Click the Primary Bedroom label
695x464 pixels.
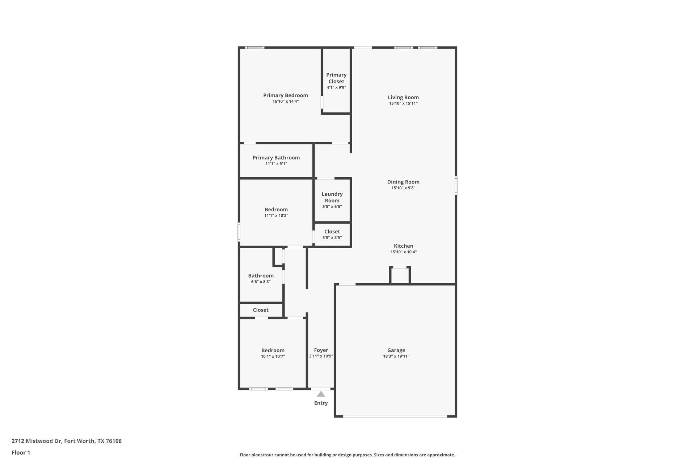click(x=285, y=95)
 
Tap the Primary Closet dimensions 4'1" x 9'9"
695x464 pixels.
click(x=336, y=87)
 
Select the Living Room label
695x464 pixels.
click(x=403, y=97)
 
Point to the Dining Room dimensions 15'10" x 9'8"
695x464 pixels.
click(x=403, y=188)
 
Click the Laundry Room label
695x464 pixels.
click(x=332, y=197)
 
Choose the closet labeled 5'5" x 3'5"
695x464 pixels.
click(x=332, y=234)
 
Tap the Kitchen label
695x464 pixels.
click(x=403, y=246)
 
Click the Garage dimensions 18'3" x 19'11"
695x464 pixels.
click(x=396, y=356)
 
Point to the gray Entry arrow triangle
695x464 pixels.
click(x=321, y=394)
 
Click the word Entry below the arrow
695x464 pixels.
click(x=321, y=403)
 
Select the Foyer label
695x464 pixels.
click(x=321, y=350)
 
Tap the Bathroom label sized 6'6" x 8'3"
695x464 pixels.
click(x=261, y=275)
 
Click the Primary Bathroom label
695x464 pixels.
click(x=276, y=158)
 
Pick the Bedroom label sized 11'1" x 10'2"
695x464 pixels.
click(x=276, y=210)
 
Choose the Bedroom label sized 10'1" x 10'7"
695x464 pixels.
click(x=273, y=350)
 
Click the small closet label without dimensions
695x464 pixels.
click(x=261, y=310)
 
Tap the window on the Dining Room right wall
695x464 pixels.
click(x=456, y=185)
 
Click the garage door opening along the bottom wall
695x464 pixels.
click(x=395, y=416)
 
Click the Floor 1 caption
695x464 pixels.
click(x=21, y=452)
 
